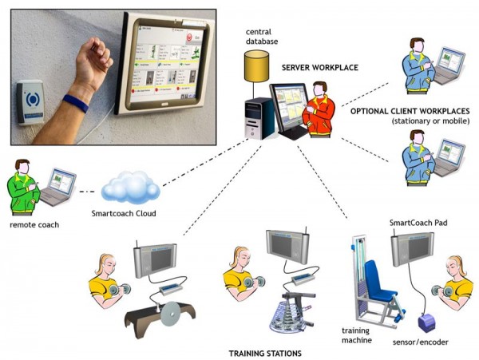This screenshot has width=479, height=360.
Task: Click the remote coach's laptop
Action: (61, 187)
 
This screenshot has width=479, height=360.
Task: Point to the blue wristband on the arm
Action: (77, 103)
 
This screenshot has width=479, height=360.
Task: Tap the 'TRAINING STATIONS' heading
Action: (266, 351)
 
